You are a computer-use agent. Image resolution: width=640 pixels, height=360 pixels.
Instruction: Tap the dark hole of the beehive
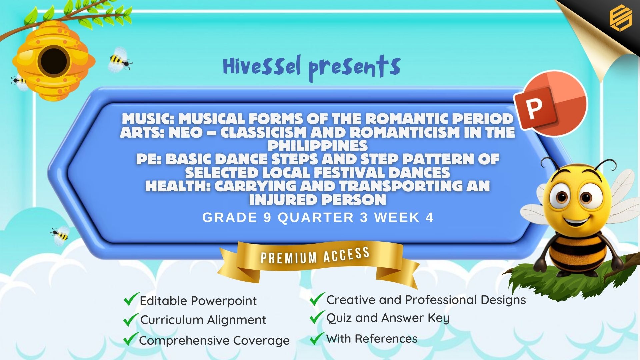pos(54,61)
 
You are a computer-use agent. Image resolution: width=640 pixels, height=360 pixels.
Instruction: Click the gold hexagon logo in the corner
pos(621,19)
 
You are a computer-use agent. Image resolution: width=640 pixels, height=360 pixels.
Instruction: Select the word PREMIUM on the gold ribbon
pos(289,258)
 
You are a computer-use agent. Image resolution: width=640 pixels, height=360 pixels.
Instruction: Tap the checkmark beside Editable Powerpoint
pos(131,299)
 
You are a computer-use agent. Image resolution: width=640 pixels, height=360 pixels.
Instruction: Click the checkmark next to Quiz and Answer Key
pos(317,317)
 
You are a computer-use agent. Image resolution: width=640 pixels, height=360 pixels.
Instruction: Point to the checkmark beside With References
pos(317,338)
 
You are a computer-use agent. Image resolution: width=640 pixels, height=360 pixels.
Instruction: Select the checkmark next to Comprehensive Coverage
pos(131,339)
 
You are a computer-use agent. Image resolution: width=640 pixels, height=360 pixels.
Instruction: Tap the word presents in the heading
pos(354,68)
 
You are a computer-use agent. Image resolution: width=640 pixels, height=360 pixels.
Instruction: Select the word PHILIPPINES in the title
pos(318,146)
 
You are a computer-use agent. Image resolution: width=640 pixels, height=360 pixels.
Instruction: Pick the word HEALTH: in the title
pos(178,186)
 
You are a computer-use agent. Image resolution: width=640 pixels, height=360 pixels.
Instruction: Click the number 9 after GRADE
pos(267,218)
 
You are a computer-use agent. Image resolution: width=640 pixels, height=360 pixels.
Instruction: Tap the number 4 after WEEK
pos(429,218)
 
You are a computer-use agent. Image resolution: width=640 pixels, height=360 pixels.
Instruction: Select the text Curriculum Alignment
pos(203,320)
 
